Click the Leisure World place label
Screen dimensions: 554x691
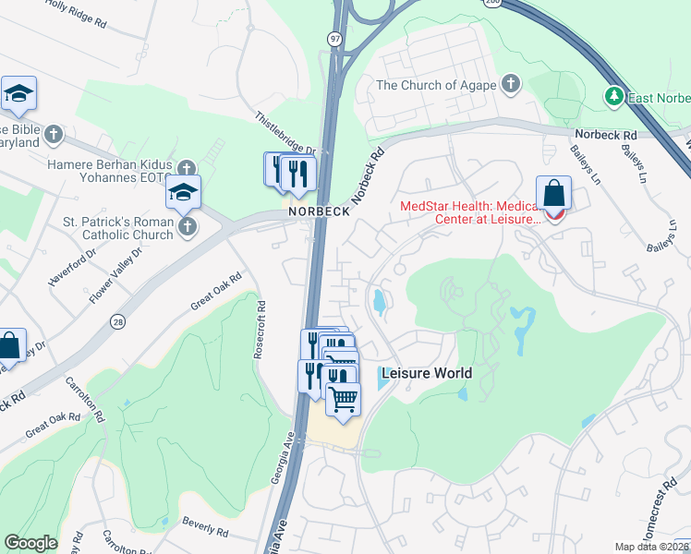click(426, 374)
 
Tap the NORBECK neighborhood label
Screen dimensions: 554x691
click(319, 211)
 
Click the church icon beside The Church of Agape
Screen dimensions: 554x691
click(509, 86)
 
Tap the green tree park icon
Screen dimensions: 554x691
click(613, 96)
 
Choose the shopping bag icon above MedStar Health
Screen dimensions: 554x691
click(553, 195)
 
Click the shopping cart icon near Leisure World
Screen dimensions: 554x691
click(343, 399)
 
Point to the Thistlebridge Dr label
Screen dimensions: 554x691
click(287, 135)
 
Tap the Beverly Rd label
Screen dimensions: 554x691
click(205, 530)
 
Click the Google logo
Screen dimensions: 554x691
click(30, 543)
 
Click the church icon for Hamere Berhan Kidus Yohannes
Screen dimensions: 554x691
click(188, 169)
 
